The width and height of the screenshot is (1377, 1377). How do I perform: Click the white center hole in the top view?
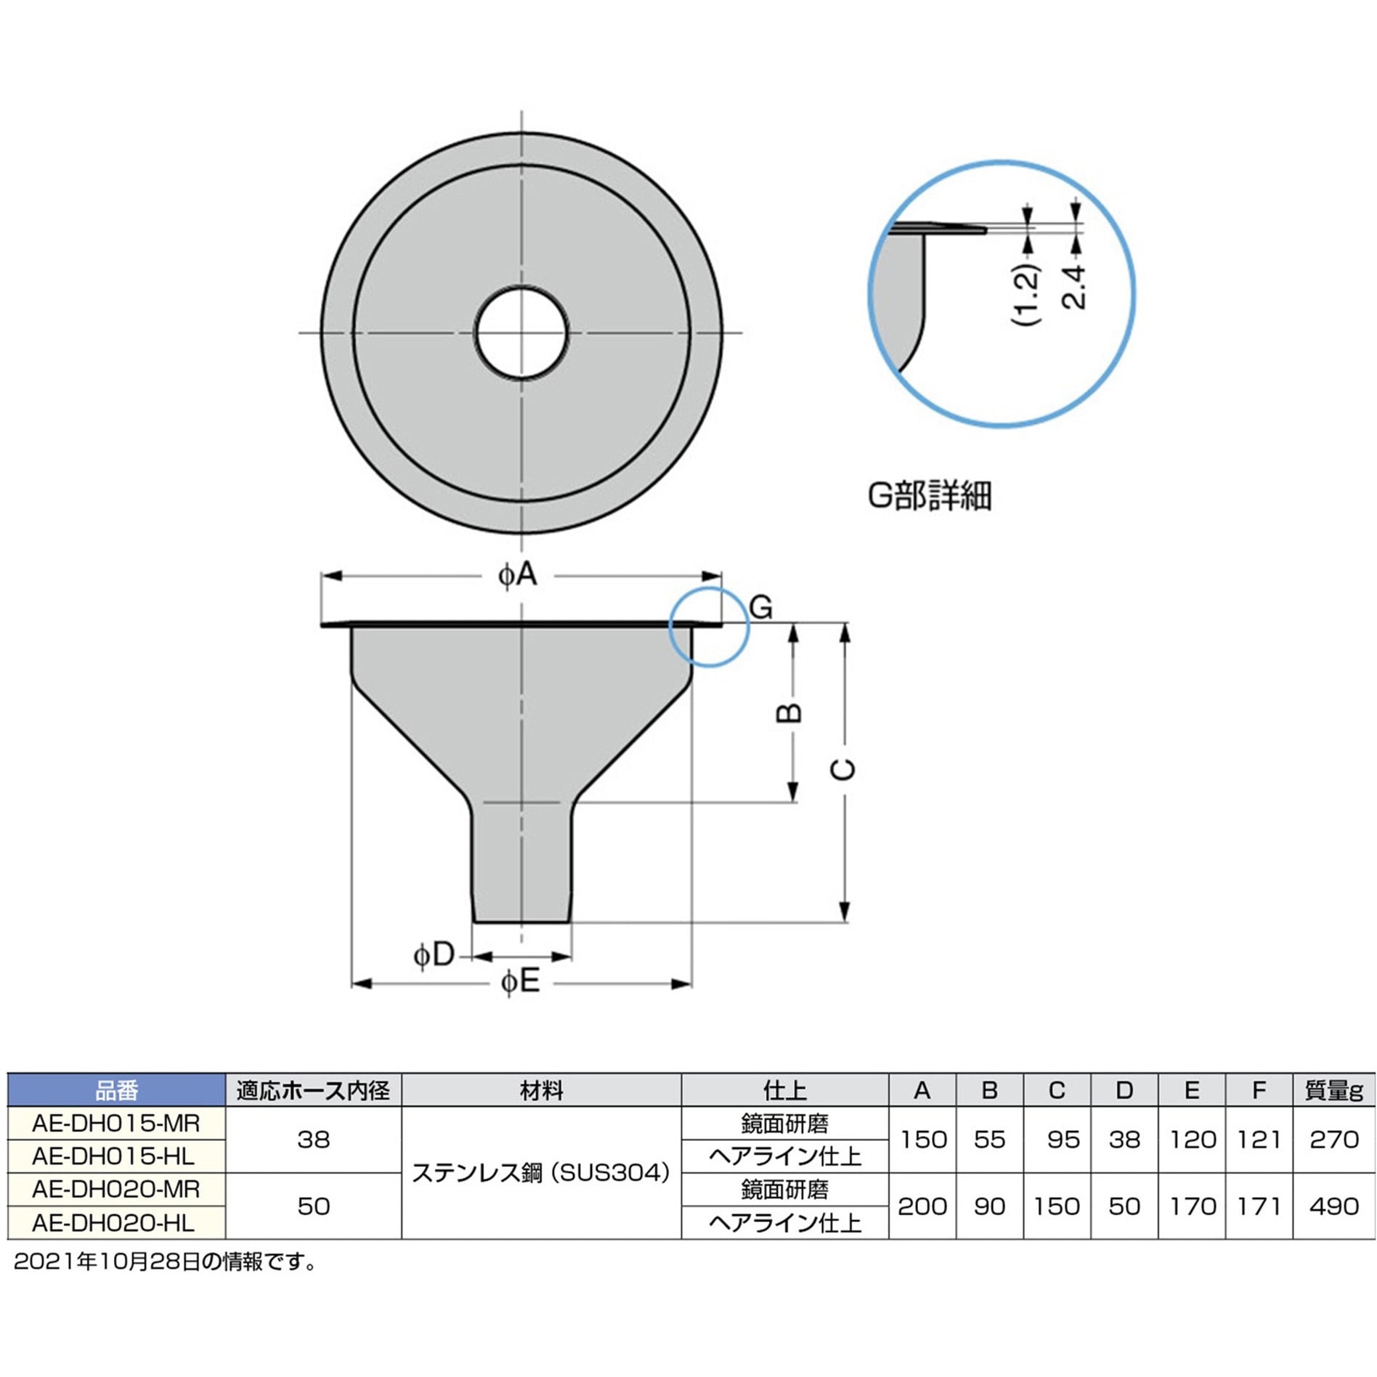pos(521,333)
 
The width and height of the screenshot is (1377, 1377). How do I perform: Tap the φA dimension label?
pos(517,576)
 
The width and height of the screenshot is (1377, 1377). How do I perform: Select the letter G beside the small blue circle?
pos(760,607)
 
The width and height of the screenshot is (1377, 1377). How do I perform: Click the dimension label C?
pos(842,769)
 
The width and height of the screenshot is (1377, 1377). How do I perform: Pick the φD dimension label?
pos(434,954)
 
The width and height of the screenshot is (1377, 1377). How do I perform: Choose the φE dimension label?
pos(521,983)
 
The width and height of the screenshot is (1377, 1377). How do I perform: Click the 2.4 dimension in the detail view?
pos(1074,288)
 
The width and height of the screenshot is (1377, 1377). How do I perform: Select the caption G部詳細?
pos(929,497)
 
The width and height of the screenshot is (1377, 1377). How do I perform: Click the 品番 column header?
pos(116,1090)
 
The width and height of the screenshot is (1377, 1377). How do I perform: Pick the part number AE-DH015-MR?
pos(116,1124)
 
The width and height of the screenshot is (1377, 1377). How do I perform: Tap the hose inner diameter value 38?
pos(313,1140)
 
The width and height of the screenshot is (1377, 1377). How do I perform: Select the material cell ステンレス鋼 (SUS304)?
pos(541,1173)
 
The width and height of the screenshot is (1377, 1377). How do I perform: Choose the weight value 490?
pos(1333,1206)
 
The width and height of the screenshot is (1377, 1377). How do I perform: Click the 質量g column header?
pos(1333,1090)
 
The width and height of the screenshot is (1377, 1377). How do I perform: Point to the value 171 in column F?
pos(1259,1206)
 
